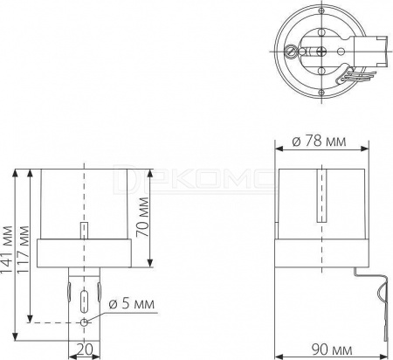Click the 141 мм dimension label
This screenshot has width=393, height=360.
(x=6, y=250)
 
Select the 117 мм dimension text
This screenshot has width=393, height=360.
(x=23, y=250)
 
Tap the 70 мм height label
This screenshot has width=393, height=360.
(x=141, y=217)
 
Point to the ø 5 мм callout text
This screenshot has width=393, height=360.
(x=131, y=304)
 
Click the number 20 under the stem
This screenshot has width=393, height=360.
(x=85, y=349)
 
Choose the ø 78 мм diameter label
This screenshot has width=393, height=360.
(x=320, y=142)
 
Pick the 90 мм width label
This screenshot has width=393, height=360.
(x=332, y=350)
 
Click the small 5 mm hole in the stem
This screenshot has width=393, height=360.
(x=84, y=322)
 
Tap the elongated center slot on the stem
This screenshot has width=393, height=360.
(x=84, y=301)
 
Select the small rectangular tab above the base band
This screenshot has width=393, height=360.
(x=84, y=231)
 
